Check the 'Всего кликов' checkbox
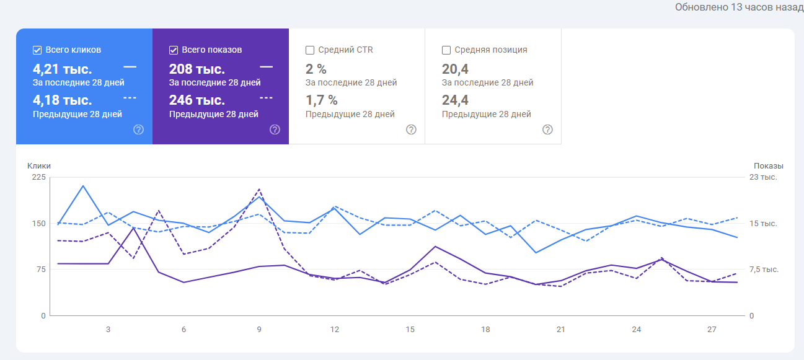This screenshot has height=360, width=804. (37, 50)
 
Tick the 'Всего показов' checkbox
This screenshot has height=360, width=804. (174, 50)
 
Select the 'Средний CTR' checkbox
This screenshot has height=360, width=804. (310, 50)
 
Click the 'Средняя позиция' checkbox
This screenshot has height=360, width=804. (446, 50)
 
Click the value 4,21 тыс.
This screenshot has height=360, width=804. (62, 69)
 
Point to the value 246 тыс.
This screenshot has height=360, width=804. (197, 100)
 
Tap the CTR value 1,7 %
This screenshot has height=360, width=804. (322, 100)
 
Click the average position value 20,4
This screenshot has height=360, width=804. (455, 69)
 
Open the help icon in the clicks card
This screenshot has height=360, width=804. (139, 130)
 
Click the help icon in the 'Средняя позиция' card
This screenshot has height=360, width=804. (547, 130)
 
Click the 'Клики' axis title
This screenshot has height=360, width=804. (39, 166)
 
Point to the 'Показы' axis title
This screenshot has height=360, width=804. (769, 166)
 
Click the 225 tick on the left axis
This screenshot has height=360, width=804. (39, 177)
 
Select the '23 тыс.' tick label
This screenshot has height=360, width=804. (764, 177)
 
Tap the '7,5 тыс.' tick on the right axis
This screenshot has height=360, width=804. (764, 270)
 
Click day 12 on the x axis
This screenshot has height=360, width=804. (335, 330)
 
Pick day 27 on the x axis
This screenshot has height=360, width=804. (712, 330)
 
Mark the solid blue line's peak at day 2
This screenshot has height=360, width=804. (83, 185)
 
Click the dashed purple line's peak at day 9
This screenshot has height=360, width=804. (259, 189)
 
